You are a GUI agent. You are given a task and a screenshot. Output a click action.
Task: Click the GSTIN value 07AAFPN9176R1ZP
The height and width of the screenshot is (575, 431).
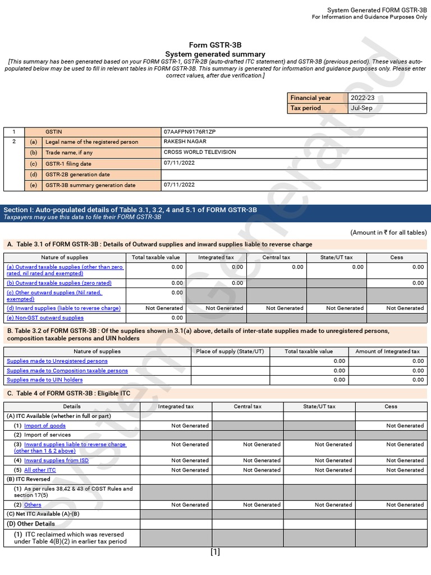(x=189, y=131)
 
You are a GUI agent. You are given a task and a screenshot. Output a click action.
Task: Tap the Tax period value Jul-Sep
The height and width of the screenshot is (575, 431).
(x=360, y=108)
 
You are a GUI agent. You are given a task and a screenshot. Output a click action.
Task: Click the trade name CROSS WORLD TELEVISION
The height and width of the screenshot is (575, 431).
(x=200, y=152)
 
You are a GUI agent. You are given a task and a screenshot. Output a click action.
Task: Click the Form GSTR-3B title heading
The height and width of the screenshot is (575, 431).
(x=215, y=45)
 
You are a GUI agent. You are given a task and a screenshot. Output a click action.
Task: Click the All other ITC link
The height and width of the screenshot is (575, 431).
(x=40, y=470)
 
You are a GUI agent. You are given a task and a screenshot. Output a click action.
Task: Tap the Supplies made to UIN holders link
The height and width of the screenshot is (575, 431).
(x=44, y=380)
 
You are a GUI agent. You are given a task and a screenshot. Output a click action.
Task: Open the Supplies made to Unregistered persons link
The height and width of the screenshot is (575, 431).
(x=57, y=361)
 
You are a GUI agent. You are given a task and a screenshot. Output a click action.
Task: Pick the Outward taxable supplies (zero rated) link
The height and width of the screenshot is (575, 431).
(x=59, y=283)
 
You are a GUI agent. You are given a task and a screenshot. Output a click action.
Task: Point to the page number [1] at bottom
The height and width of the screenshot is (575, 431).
(x=215, y=552)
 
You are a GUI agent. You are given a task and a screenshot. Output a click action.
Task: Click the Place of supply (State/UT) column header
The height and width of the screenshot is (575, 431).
(x=230, y=352)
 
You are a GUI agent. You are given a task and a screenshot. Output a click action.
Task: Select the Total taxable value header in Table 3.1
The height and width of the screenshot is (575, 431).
(x=155, y=257)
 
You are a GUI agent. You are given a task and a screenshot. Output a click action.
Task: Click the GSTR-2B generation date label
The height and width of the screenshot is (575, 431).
(x=77, y=175)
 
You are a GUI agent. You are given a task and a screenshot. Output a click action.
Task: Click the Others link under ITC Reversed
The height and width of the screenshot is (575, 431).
(x=33, y=505)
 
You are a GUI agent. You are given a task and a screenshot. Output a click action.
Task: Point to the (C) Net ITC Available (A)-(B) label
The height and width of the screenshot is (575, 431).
(x=43, y=514)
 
